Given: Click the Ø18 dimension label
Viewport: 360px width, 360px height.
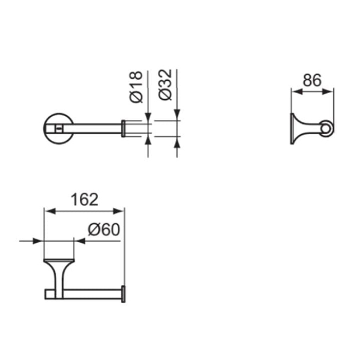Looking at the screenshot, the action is (x=136, y=87).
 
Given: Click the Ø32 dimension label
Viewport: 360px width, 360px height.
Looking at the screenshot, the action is (x=165, y=85).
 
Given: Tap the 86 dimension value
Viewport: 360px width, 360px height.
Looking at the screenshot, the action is (x=312, y=80).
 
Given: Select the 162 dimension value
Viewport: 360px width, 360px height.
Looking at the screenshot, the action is (x=84, y=200).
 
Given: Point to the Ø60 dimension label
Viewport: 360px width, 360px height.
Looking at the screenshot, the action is (x=104, y=229).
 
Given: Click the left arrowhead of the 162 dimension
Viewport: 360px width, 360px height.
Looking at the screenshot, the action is (x=49, y=211).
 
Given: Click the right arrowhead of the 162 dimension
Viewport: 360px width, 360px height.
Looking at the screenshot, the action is (x=119, y=211).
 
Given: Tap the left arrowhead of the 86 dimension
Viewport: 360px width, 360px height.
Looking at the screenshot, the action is (x=297, y=92).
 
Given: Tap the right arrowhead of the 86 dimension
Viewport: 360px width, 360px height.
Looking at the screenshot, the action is (x=328, y=92).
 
